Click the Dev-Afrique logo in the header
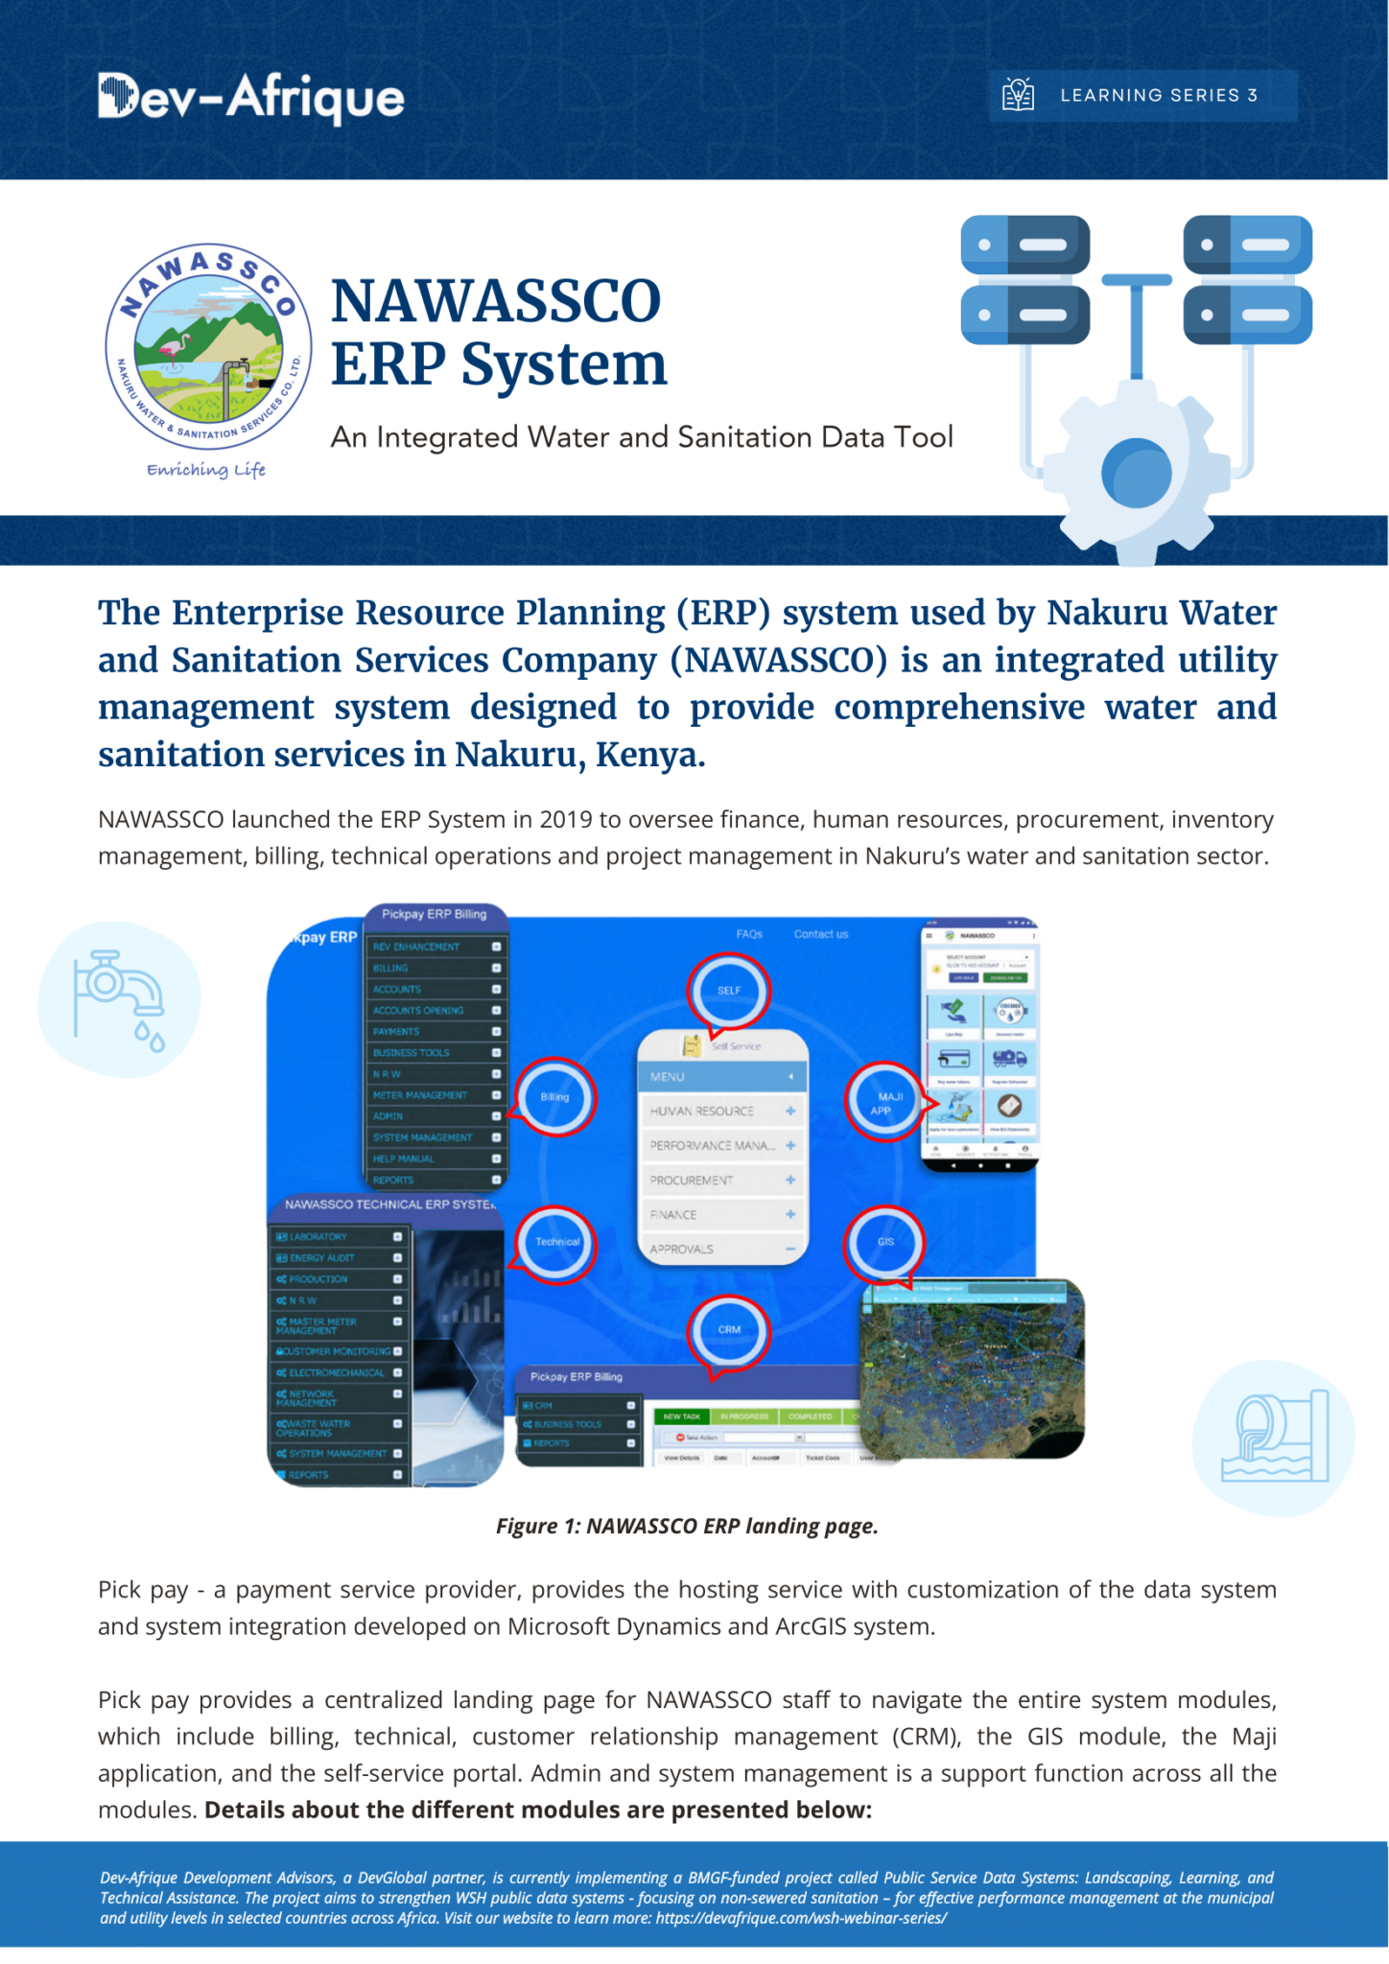coord(250,98)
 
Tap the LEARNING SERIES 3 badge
coord(1142,96)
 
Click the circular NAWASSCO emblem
coord(208,346)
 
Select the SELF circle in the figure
coord(729,991)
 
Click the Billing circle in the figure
coord(555,1096)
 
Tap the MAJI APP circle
coord(885,1103)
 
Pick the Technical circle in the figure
coord(556,1242)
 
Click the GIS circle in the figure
coord(884,1242)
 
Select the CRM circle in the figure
coord(729,1330)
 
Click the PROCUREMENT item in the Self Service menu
coord(692,1181)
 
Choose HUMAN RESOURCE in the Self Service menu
coord(702,1111)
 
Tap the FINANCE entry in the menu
coord(673,1215)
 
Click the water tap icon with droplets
coord(119,999)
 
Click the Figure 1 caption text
coord(687,1526)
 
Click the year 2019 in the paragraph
coord(565,820)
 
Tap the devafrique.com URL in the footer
coord(800,1918)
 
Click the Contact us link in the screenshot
coord(821,934)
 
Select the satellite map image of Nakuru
coord(973,1368)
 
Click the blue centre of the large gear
coord(1137,473)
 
